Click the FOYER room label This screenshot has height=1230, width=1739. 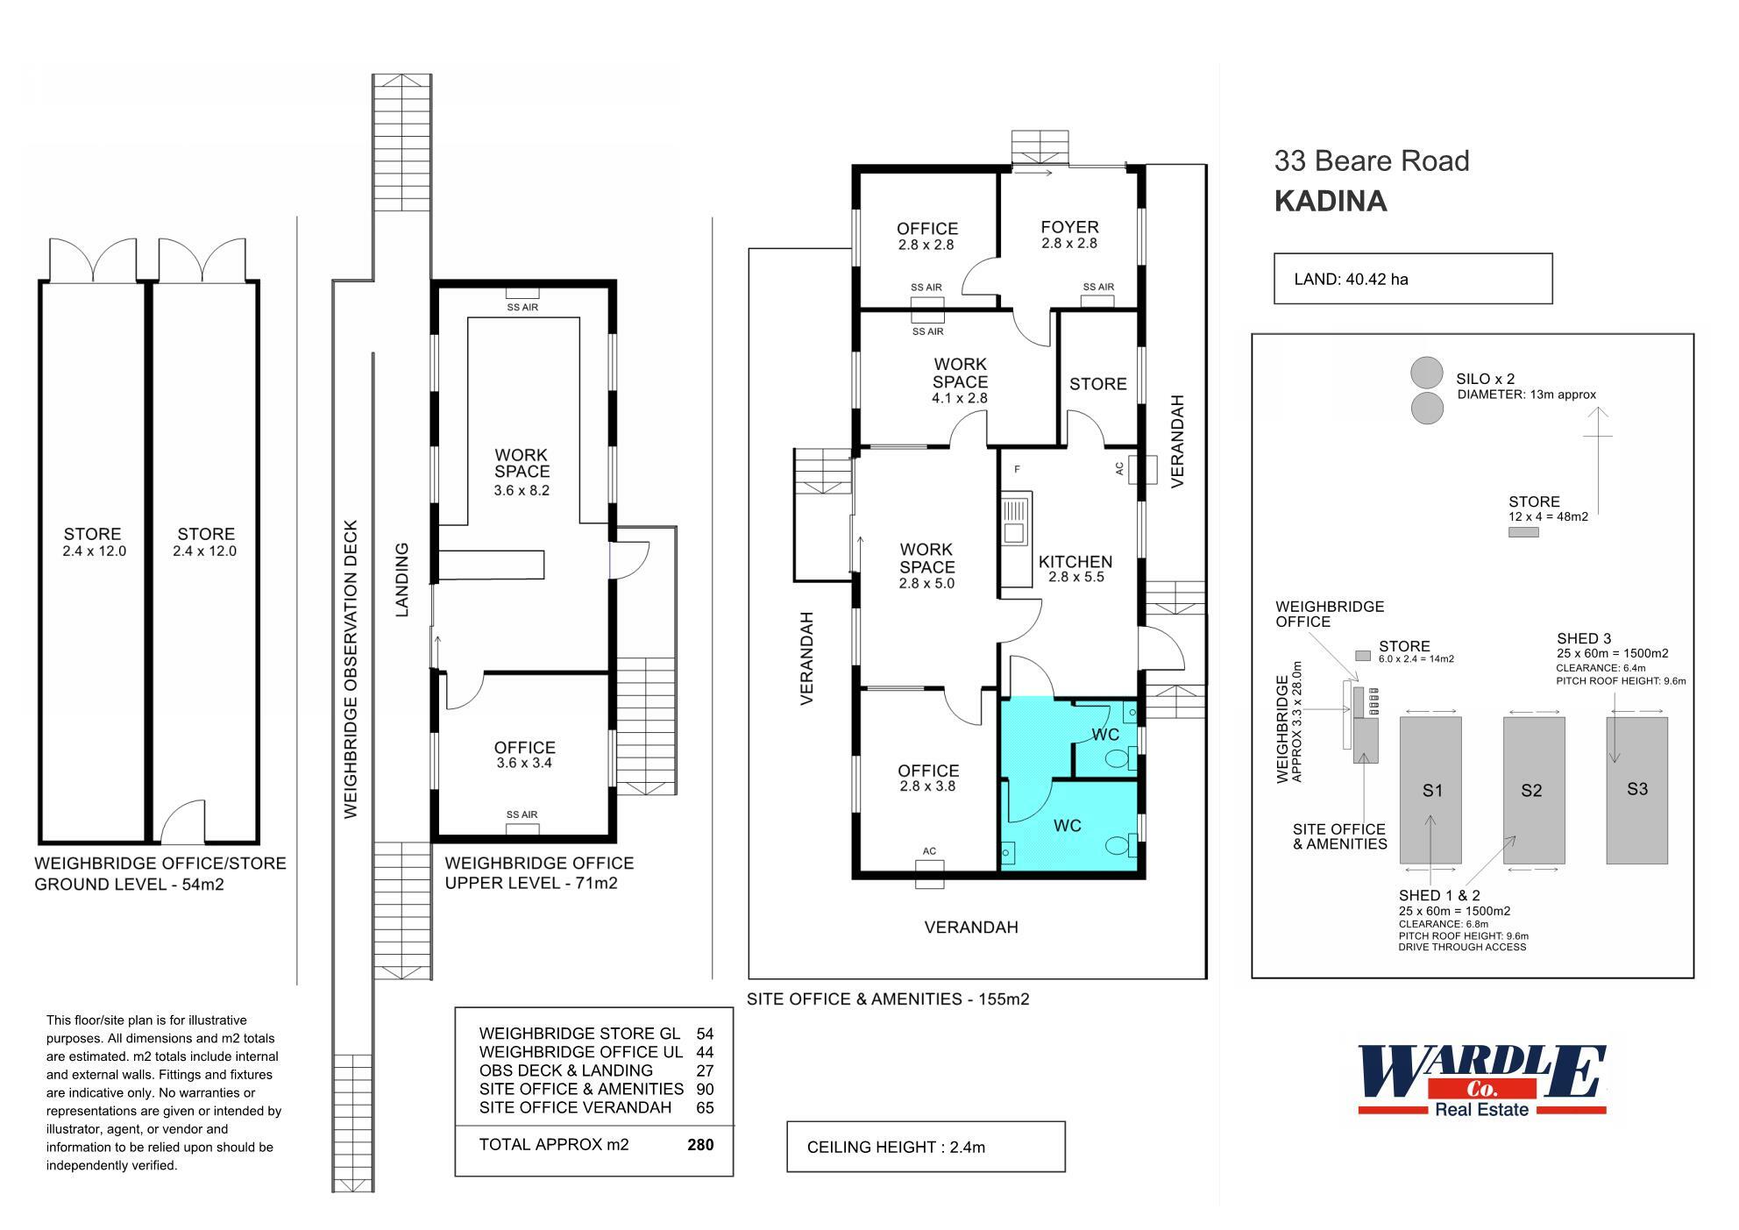[x=1069, y=228]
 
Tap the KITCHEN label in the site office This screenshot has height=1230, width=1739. [x=1075, y=562]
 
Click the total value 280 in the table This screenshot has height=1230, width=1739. [x=700, y=1144]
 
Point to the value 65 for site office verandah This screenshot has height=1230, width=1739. [x=705, y=1107]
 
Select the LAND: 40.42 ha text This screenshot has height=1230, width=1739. [x=1351, y=280]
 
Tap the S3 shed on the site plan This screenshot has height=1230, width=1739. [x=1636, y=789]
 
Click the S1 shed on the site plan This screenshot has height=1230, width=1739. [x=1430, y=789]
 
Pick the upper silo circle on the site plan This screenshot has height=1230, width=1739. [x=1426, y=372]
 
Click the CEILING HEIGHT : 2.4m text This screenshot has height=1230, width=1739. [x=896, y=1147]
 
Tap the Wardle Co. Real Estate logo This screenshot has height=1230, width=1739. [x=1481, y=1080]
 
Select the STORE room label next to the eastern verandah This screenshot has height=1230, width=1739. [x=1097, y=384]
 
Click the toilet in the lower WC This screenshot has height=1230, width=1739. [x=1118, y=846]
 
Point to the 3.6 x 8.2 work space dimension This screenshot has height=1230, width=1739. [x=522, y=491]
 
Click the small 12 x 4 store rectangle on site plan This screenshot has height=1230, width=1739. [x=1523, y=532]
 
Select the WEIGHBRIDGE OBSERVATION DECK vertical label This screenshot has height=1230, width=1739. [x=351, y=670]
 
